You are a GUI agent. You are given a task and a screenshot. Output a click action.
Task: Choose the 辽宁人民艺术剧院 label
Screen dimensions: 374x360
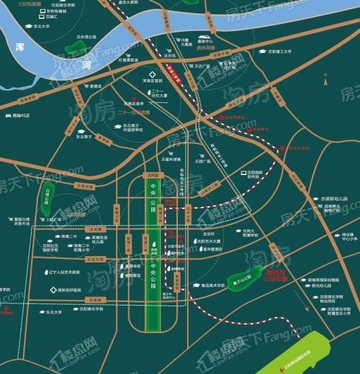63,271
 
